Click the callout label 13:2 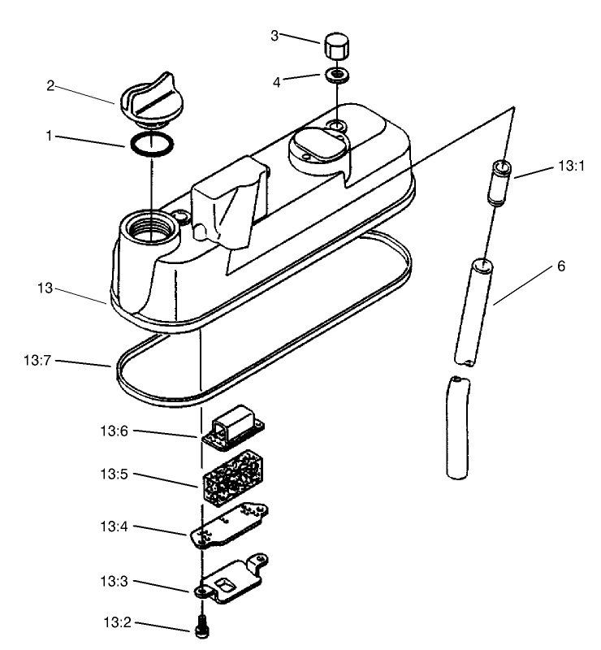pos(118,623)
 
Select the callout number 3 pos(275,35)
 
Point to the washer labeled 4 pos(335,77)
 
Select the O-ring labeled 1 pos(152,144)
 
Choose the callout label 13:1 pos(572,166)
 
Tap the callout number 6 pos(561,266)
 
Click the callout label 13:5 pos(118,474)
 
